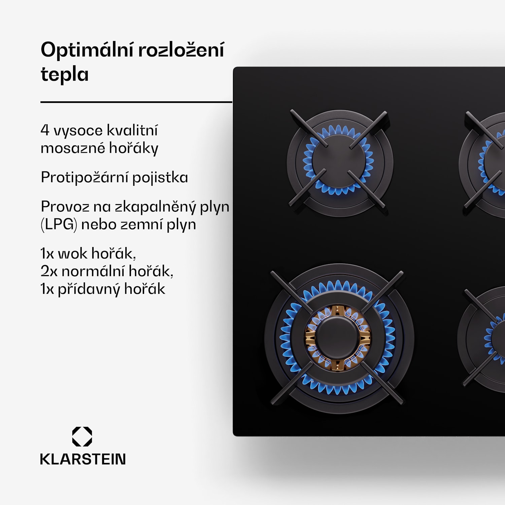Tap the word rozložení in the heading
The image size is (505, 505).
181,50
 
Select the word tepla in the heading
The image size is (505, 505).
65,75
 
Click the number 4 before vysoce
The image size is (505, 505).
45,130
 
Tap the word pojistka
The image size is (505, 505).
160,177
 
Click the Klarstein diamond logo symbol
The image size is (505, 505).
82,437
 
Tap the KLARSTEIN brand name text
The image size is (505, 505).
83,459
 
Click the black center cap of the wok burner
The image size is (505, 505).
338,338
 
